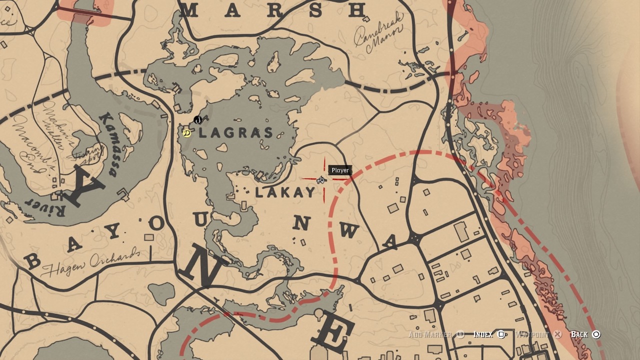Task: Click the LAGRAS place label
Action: (x=236, y=133)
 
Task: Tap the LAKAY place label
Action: (x=285, y=192)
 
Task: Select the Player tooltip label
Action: (x=340, y=170)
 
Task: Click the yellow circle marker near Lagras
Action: (x=186, y=133)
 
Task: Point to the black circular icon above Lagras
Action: (x=197, y=120)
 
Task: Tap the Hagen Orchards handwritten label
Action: (x=90, y=261)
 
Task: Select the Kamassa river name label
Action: (x=109, y=145)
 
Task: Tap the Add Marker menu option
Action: (x=436, y=334)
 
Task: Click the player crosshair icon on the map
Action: (x=321, y=179)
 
